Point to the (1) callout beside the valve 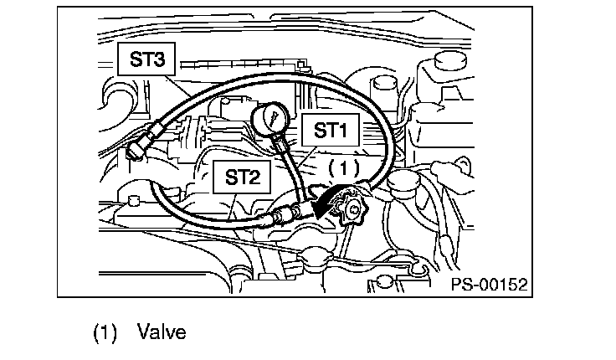[343, 167]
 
